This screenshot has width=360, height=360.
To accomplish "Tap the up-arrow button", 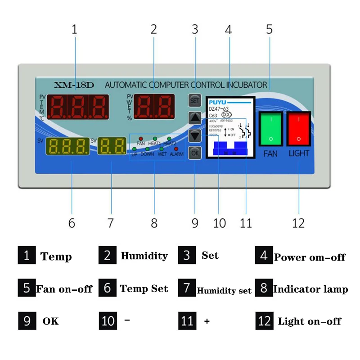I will (x=195, y=118).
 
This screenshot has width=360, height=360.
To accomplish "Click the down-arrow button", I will (x=195, y=135).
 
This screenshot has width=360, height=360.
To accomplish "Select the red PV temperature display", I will (x=78, y=107).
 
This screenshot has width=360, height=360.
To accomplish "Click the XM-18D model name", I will (x=73, y=85).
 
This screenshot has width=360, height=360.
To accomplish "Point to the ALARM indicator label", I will (x=176, y=154).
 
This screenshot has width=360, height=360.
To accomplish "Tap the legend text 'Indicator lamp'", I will (x=310, y=289).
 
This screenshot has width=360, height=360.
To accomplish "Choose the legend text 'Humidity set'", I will (x=224, y=291).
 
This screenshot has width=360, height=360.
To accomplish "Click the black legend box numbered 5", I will (x=27, y=288).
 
